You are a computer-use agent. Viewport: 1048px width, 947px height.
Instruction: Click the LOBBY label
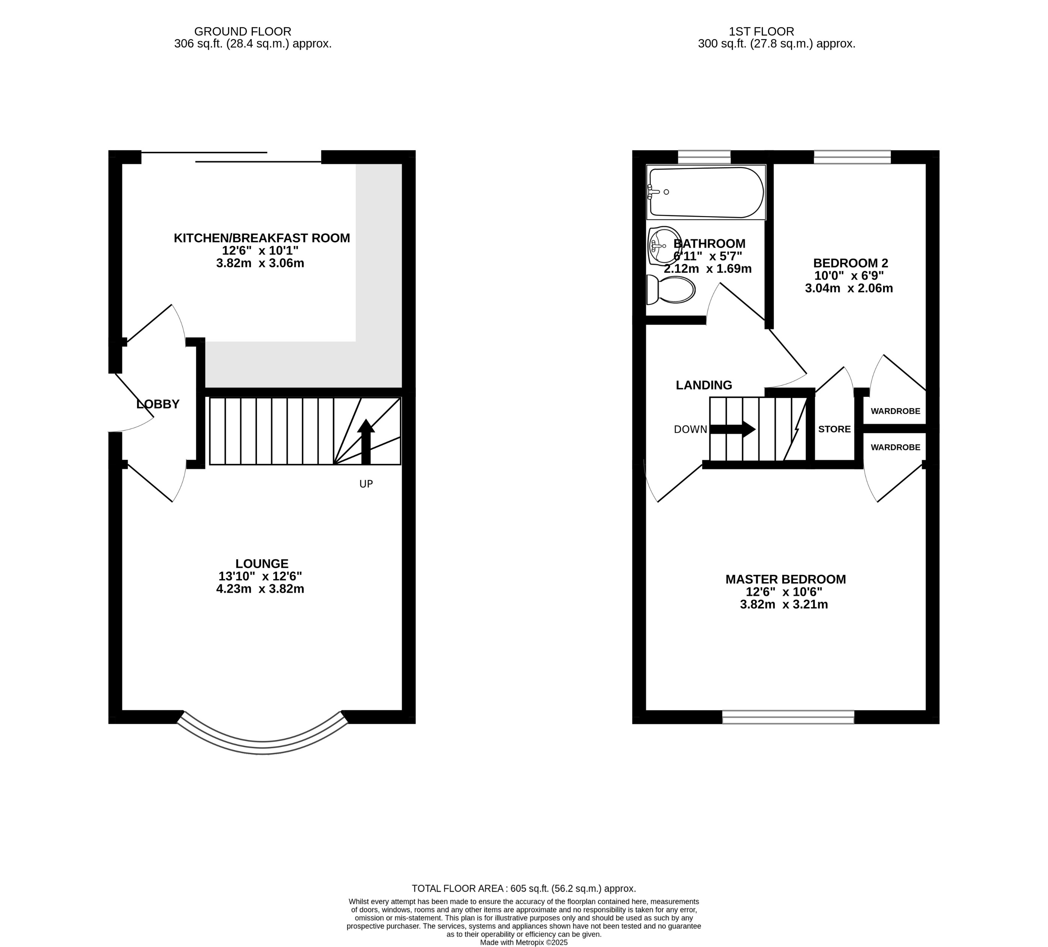[x=158, y=404]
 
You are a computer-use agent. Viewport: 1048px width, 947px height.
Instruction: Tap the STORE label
[x=834, y=429]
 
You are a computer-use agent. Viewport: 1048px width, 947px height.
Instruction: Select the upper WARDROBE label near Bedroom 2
[x=895, y=411]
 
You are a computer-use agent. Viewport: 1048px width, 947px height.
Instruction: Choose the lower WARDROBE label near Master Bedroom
[x=895, y=448]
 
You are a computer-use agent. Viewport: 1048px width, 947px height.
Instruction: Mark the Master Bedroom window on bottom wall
[x=788, y=717]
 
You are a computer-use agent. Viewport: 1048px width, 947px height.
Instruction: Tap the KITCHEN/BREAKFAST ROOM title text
[x=262, y=238]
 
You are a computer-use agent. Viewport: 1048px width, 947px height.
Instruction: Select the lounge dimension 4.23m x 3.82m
[x=260, y=589]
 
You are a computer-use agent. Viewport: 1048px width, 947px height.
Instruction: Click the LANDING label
[x=704, y=385]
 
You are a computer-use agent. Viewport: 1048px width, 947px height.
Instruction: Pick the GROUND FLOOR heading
[x=242, y=32]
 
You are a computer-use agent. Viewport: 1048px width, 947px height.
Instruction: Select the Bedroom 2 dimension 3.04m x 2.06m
[x=849, y=289]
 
